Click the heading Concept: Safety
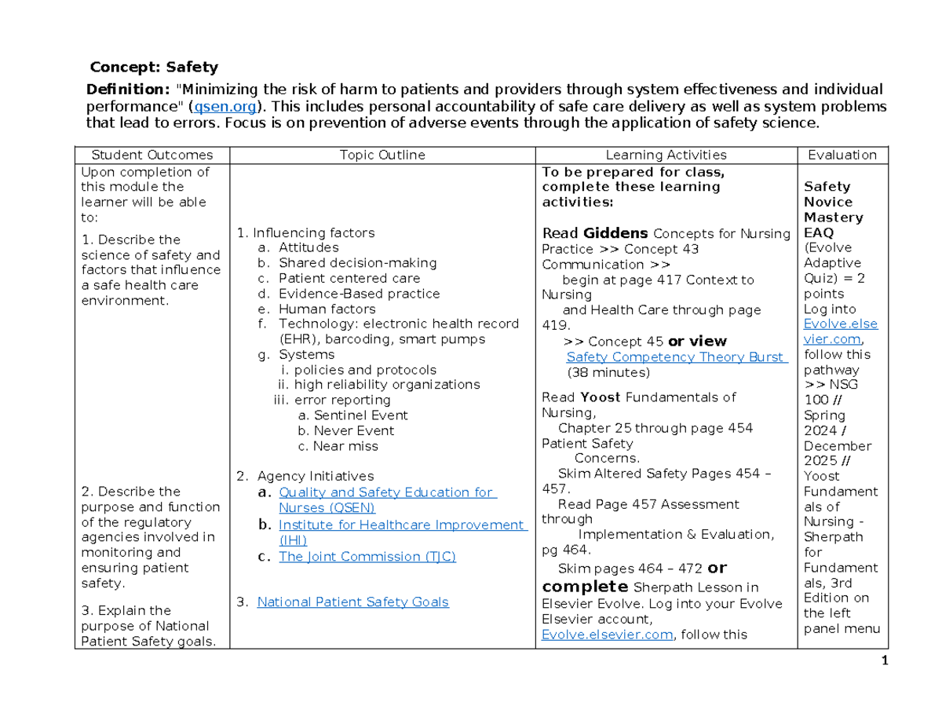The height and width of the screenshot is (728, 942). click(154, 67)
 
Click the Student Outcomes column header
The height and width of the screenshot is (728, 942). click(152, 155)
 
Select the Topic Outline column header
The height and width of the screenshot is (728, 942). click(383, 155)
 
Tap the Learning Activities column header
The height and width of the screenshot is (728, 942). click(666, 155)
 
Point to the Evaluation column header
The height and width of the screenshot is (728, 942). click(842, 155)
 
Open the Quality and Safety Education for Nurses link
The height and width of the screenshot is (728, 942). click(386, 492)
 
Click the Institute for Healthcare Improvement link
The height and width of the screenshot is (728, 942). click(402, 525)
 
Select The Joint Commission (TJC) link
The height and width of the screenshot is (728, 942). click(367, 556)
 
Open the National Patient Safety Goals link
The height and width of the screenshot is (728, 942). click(352, 602)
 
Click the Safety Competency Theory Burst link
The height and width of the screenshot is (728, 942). click(675, 357)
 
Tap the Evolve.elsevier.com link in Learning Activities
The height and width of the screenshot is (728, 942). click(608, 635)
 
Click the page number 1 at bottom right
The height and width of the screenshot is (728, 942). click(882, 661)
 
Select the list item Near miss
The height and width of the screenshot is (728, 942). click(345, 446)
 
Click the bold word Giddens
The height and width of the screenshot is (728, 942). click(615, 233)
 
